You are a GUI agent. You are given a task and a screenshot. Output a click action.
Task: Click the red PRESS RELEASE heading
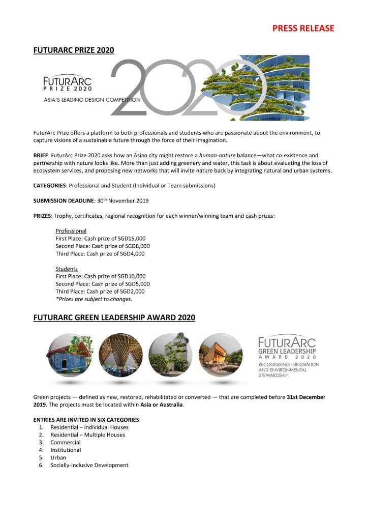point(303,28)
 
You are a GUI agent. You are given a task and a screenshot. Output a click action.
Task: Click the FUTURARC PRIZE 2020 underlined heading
point(73,50)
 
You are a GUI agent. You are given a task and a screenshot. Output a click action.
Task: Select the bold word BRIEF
point(41,155)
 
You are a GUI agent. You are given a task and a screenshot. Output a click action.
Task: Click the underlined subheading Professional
point(71,231)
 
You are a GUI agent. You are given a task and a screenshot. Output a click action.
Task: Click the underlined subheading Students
point(67,269)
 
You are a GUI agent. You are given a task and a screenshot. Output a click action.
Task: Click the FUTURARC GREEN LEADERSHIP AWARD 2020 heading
point(114,318)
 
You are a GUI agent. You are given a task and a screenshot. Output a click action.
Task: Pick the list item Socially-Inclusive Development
point(89,465)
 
